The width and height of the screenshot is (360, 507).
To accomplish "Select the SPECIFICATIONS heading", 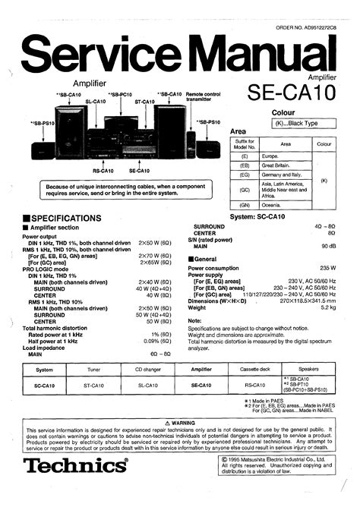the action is [62, 218].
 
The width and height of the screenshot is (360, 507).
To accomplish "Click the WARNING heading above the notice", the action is [179, 422].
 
